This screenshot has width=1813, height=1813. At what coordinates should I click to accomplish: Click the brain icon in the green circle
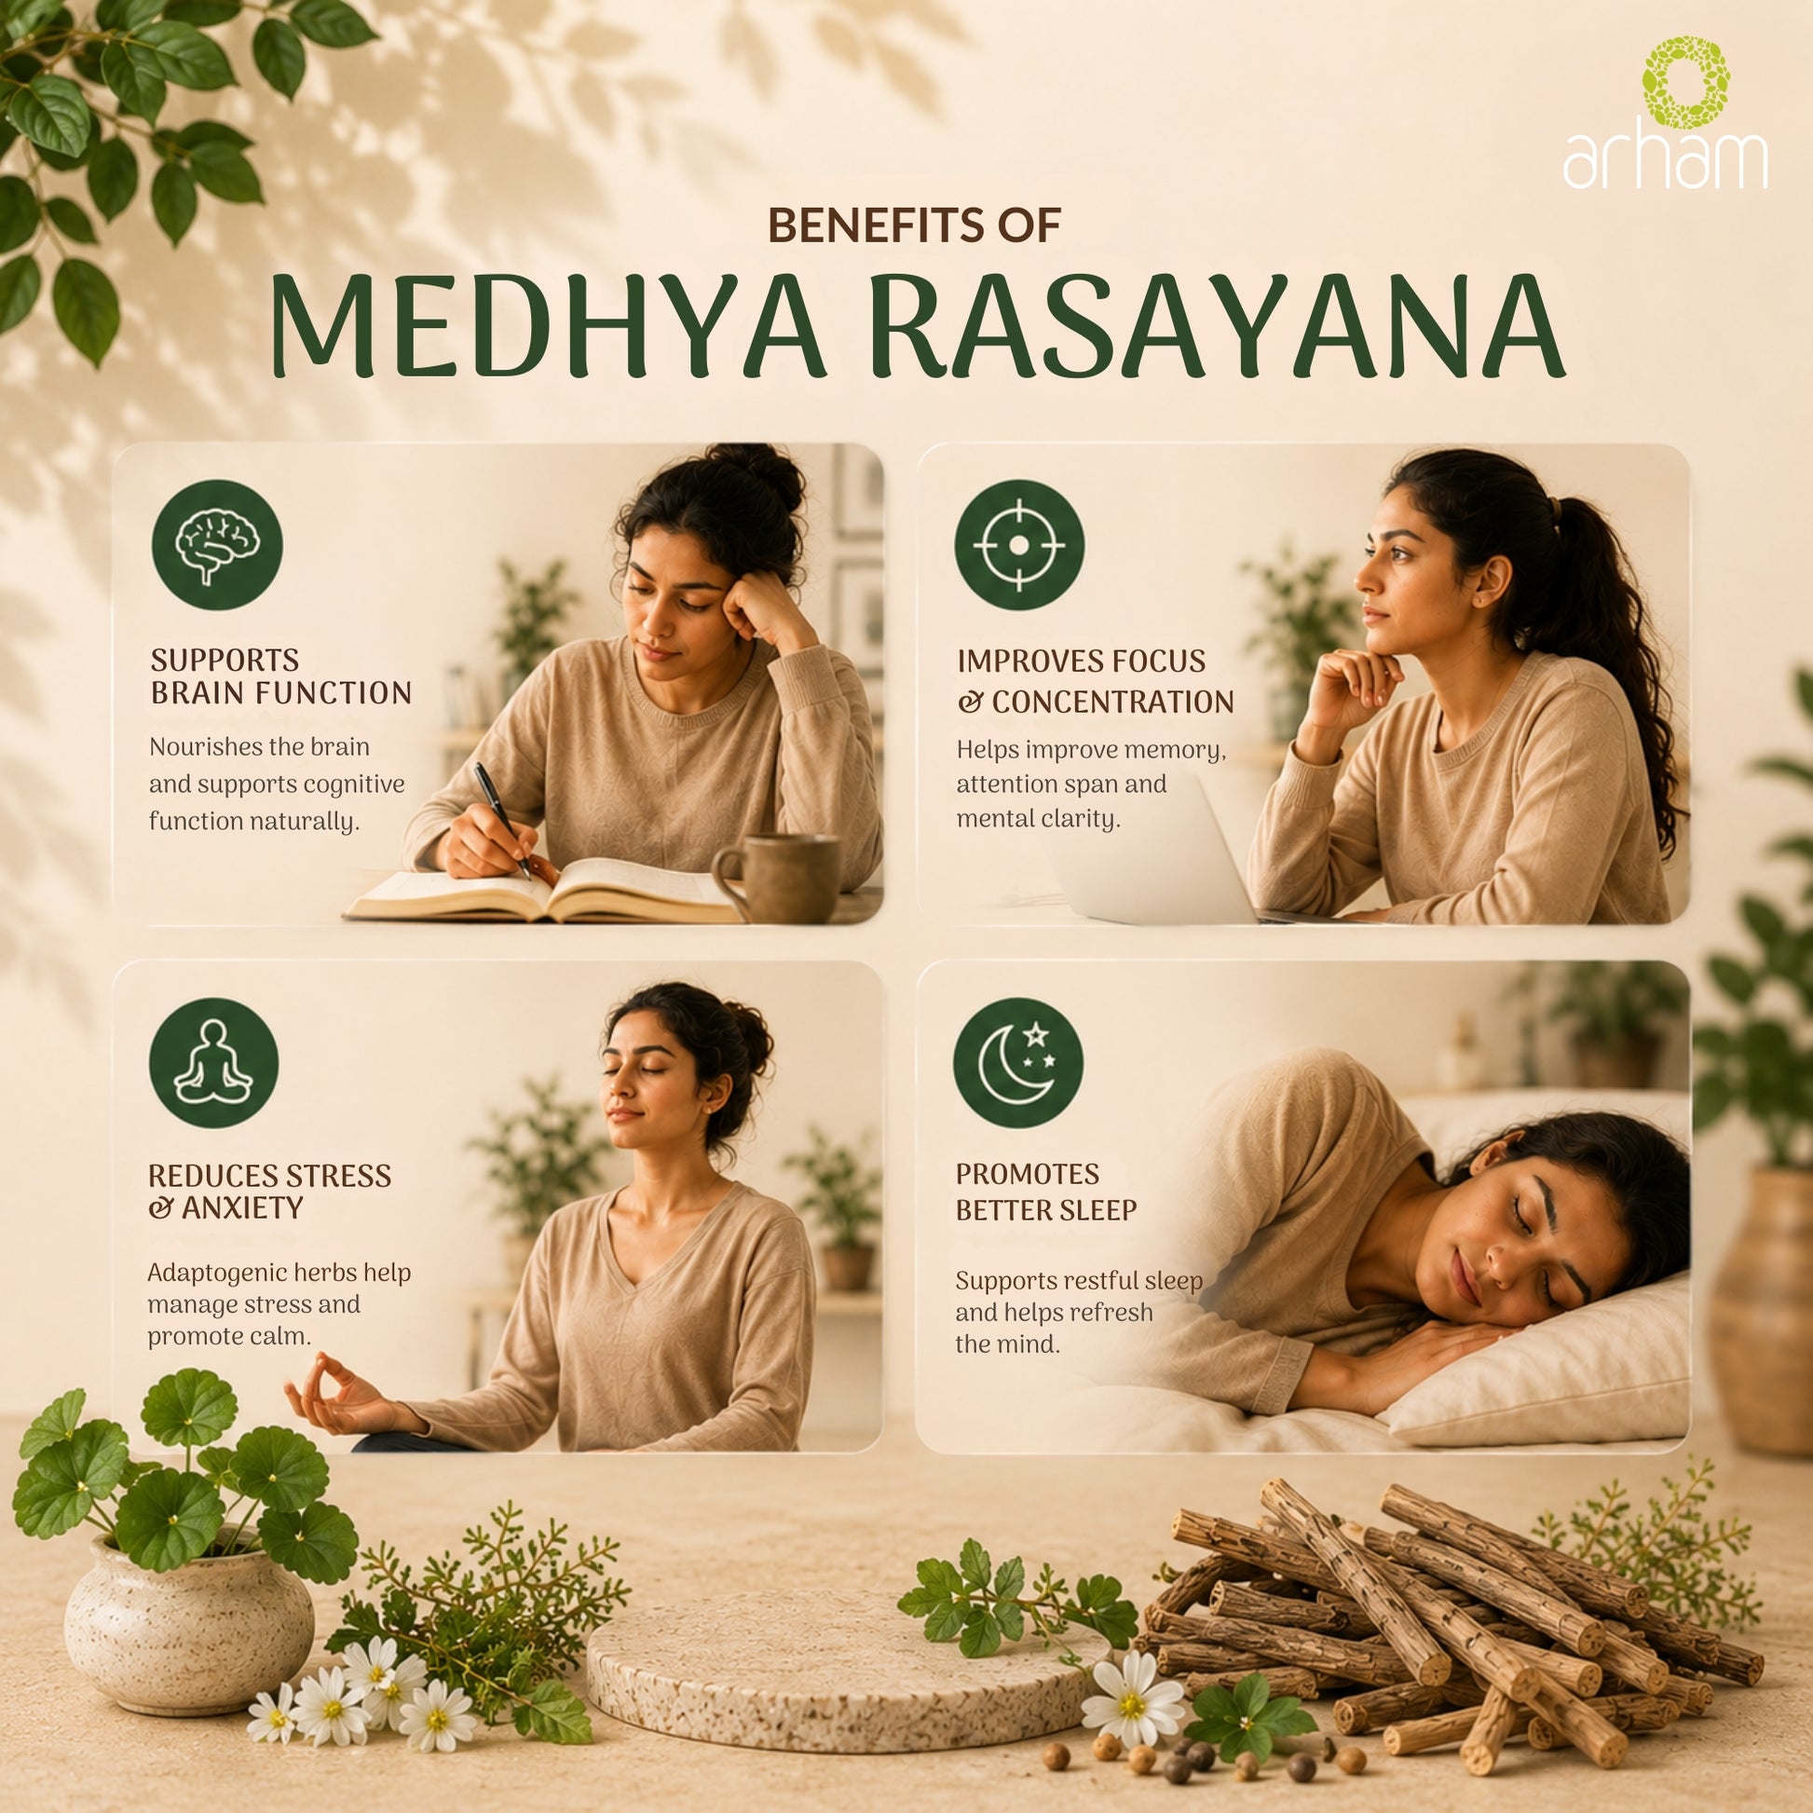[x=217, y=545]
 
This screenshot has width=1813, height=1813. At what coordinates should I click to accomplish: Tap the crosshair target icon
[x=1019, y=545]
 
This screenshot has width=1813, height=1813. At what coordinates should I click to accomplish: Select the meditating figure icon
[x=214, y=1061]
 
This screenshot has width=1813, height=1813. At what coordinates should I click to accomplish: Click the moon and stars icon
[x=1017, y=1063]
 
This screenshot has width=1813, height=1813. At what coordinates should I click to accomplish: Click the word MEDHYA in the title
[x=548, y=327]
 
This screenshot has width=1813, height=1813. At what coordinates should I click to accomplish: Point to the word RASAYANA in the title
[x=1215, y=327]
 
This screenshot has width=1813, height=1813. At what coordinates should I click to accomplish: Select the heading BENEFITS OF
[x=914, y=225]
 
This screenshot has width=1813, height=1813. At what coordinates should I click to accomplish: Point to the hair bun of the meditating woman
[x=748, y=1034]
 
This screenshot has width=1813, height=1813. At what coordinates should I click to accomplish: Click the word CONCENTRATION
[x=1112, y=702]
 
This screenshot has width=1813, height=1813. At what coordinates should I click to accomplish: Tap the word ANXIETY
[x=242, y=1208]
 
